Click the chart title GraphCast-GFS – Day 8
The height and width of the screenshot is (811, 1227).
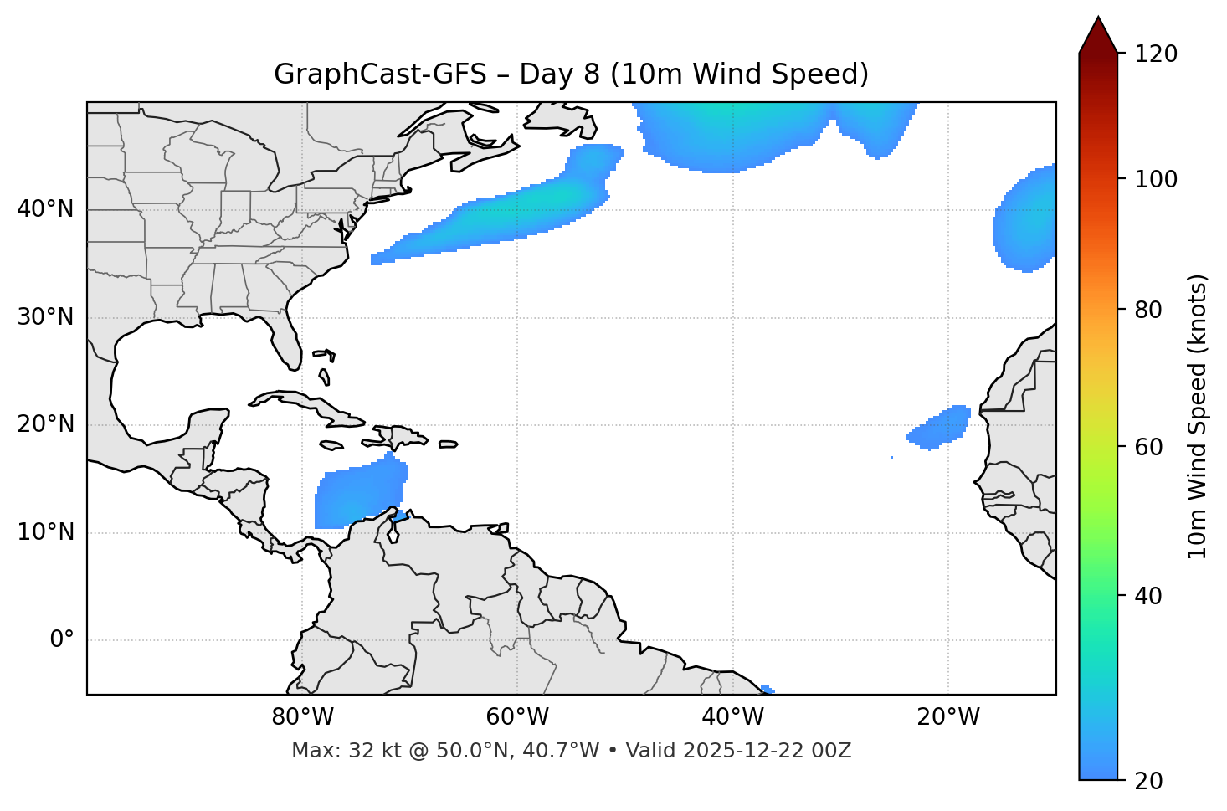[x=571, y=74]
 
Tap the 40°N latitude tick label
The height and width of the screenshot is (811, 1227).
[x=45, y=209]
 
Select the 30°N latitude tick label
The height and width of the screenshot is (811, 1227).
[x=45, y=317]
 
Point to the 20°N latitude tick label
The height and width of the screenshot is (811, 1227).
[x=45, y=424]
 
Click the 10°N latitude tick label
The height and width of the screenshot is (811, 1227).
[x=45, y=532]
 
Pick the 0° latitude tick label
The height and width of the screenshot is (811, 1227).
[x=62, y=640]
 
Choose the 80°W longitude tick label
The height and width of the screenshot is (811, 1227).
[x=302, y=717]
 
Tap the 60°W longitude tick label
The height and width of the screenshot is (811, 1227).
[x=516, y=717]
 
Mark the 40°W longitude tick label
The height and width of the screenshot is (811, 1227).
[x=732, y=717]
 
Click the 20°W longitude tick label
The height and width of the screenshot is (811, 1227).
[x=947, y=717]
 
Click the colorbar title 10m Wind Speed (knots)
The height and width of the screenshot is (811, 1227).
[x=1198, y=416]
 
